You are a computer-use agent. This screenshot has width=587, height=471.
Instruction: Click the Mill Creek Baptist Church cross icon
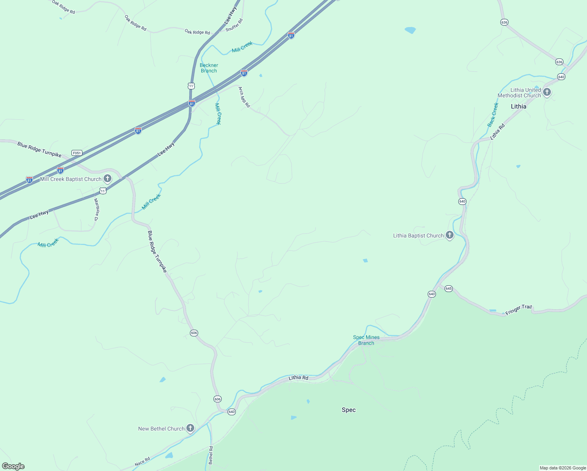click(107, 179)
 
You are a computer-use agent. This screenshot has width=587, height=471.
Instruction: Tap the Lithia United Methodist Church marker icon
click(547, 93)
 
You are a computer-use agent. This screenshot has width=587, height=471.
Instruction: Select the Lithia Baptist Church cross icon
click(450, 235)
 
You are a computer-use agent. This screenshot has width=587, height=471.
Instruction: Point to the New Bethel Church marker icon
click(190, 428)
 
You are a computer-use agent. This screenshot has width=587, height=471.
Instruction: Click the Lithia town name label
click(518, 106)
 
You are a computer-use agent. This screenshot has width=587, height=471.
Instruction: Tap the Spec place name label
click(348, 410)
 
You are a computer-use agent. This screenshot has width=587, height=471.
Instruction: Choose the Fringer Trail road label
click(518, 310)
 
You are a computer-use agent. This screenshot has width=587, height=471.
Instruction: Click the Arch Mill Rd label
click(244, 97)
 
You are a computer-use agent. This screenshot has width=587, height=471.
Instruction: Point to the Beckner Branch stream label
click(209, 68)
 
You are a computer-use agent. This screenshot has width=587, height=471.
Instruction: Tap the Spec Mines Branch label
click(366, 340)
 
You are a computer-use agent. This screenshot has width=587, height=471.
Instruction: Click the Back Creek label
click(492, 115)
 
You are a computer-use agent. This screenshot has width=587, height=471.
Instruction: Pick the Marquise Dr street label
click(97, 210)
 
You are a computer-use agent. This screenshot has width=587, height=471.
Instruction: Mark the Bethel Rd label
click(211, 455)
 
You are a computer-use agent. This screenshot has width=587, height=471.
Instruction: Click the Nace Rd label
click(142, 462)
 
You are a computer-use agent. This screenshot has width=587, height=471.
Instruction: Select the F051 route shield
click(77, 153)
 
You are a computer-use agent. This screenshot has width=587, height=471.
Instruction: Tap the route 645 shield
click(448, 288)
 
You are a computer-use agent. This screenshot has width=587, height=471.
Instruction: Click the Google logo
click(13, 466)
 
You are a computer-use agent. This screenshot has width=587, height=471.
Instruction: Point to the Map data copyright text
click(562, 468)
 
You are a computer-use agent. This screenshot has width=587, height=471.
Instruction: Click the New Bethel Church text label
click(161, 429)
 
